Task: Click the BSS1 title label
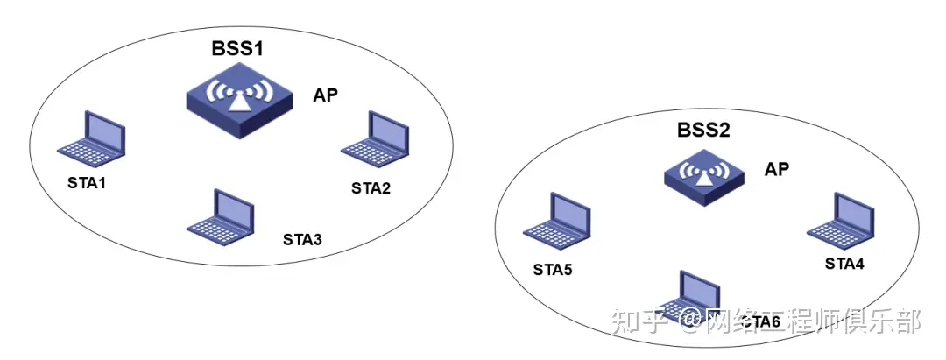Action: coord(237,49)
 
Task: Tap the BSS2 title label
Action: coord(702,131)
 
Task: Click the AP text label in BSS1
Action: coord(327,95)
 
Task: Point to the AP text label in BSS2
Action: coord(777,169)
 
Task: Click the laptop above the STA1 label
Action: coord(90,139)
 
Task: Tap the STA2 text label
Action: coord(371,187)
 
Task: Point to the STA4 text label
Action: coord(844,263)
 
